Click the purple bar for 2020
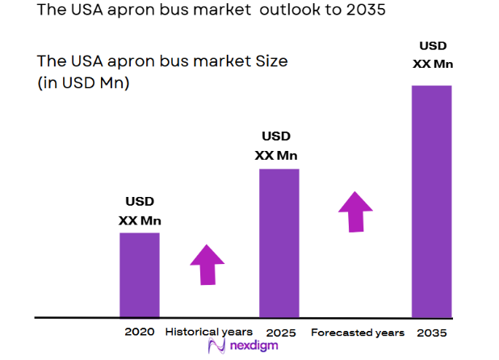click(140, 274)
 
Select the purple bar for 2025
click(279, 243)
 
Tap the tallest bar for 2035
click(432, 201)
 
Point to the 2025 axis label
click(279, 333)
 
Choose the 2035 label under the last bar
click(432, 333)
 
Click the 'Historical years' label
click(208, 332)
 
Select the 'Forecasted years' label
click(357, 333)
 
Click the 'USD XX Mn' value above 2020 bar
click(139, 211)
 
